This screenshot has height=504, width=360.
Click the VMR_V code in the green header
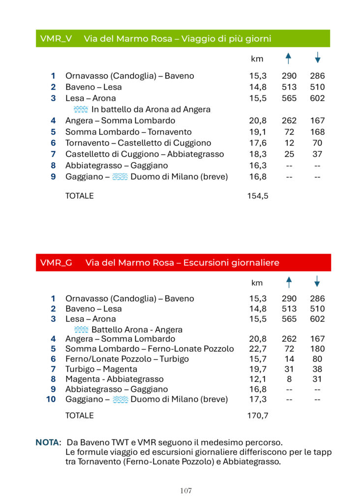[56, 39]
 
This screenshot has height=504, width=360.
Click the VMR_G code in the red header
[56, 263]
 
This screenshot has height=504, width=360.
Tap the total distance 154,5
[258, 196]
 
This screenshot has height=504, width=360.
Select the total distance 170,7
[258, 416]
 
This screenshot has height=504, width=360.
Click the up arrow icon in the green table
[289, 59]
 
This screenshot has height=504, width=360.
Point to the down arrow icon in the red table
[317, 282]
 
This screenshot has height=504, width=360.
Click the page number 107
[186, 491]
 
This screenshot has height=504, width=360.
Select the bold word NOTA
[47, 442]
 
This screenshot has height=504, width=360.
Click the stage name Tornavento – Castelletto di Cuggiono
[138, 143]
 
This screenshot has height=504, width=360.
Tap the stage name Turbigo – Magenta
[101, 369]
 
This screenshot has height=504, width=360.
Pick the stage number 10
[51, 399]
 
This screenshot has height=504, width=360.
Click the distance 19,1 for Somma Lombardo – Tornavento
[258, 132]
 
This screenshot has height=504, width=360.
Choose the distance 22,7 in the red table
[258, 349]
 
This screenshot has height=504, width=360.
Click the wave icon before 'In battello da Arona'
[81, 109]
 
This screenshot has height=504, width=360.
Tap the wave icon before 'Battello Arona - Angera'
[81, 330]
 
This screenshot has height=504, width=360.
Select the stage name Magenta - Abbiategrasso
[114, 379]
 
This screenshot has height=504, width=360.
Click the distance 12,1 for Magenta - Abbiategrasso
[258, 379]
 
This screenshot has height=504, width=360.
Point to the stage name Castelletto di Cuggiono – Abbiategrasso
[145, 154]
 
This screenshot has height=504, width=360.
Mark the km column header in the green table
[257, 59]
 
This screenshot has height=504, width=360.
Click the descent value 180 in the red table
[318, 349]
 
